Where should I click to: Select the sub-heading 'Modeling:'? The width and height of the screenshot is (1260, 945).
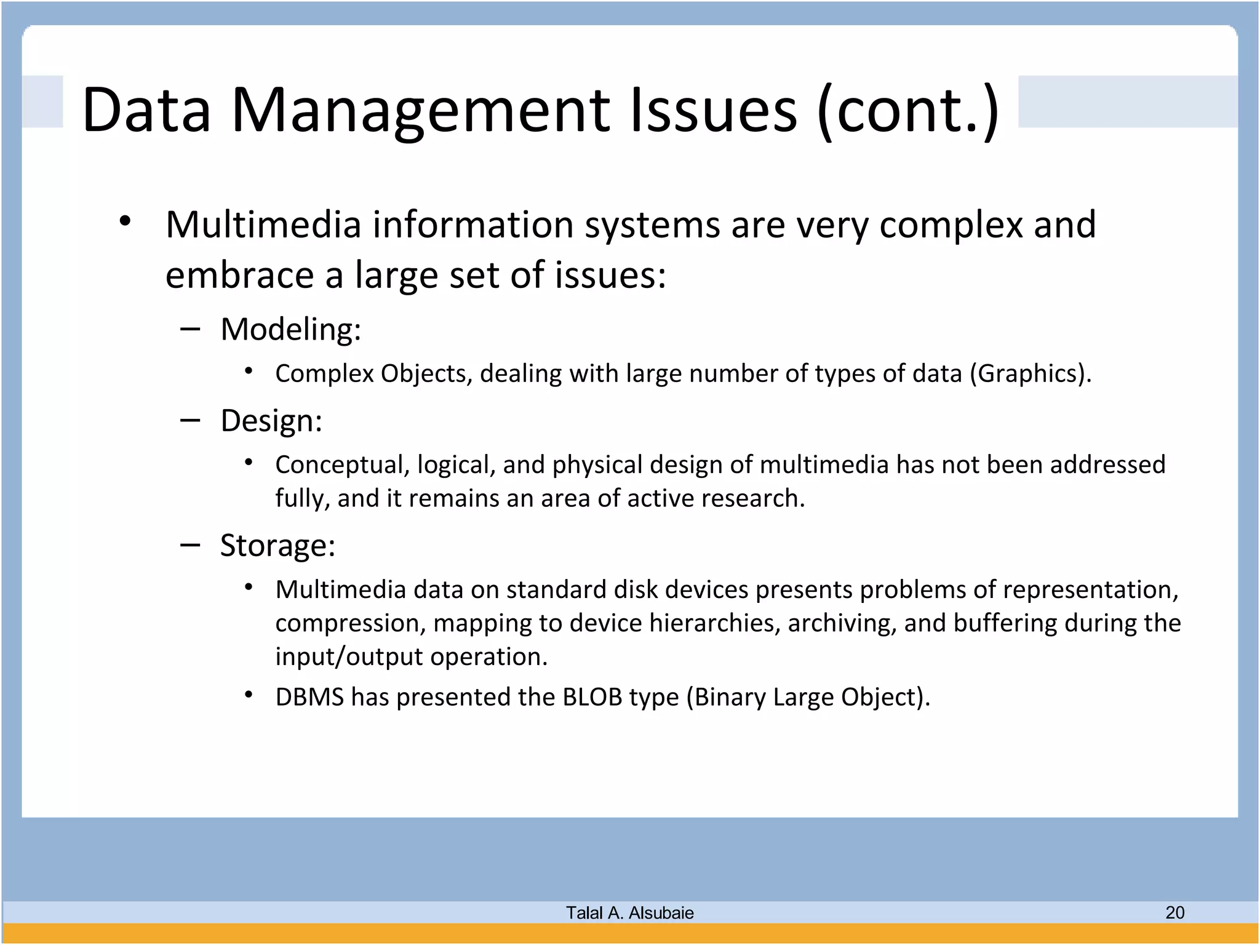coord(290,329)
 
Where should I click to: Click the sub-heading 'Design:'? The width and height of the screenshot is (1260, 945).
coord(271,421)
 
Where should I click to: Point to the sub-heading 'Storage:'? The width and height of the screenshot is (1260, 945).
coord(277,546)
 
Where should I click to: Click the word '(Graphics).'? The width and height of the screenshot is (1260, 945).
coord(1031,374)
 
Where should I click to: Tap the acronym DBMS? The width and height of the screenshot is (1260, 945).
coord(309,698)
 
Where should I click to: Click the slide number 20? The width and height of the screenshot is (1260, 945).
coord(1174,912)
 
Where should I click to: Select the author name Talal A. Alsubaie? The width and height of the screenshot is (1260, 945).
coord(629,913)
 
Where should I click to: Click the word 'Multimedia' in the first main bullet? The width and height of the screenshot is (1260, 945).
coord(263,225)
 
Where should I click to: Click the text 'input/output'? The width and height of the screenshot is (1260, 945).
coord(349,657)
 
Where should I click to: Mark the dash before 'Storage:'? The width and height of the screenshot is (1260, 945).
coord(190,545)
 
